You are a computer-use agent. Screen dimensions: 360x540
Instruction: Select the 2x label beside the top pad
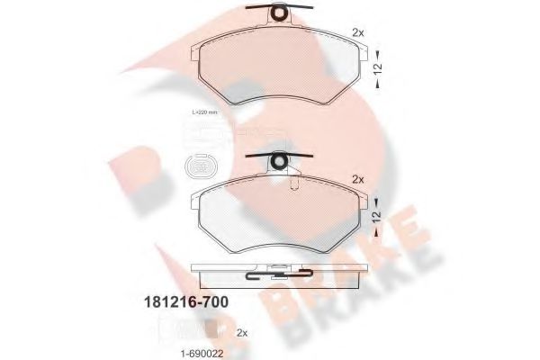click(x=358, y=32)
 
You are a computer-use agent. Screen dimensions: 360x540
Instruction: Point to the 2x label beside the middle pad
click(x=358, y=179)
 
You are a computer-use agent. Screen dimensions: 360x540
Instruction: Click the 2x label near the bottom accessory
click(x=241, y=332)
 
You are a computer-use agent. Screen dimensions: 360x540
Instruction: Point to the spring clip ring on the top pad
click(x=280, y=14)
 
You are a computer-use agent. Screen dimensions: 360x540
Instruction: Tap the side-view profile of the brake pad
click(x=280, y=270)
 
